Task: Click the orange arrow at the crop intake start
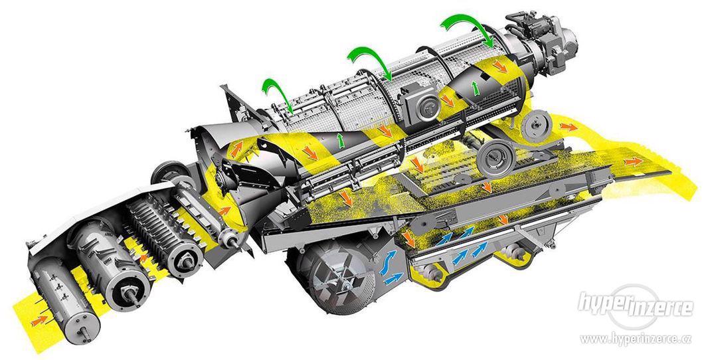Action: pyautogui.click(x=39, y=320)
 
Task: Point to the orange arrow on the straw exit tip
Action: pyautogui.click(x=634, y=161)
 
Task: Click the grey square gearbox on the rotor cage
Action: pyautogui.click(x=422, y=104)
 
